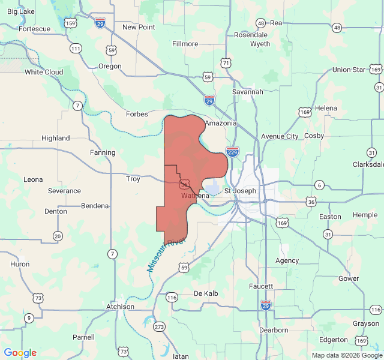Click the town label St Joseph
[x=240, y=191]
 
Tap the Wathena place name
[x=195, y=196]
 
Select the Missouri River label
[x=167, y=256]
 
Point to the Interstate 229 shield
[x=233, y=152]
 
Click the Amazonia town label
[x=220, y=123]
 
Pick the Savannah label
[x=247, y=92]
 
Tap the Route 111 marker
[x=76, y=48]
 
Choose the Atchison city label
[x=120, y=307]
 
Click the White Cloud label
[x=44, y=72]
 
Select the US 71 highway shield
[x=225, y=62]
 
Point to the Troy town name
[x=133, y=179]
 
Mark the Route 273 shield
[x=159, y=327]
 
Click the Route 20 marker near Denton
[x=58, y=235]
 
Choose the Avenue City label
[x=280, y=136]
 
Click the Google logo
[x=20, y=353]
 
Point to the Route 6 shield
[x=319, y=185]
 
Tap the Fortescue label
[x=34, y=29]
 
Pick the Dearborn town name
[x=274, y=330]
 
